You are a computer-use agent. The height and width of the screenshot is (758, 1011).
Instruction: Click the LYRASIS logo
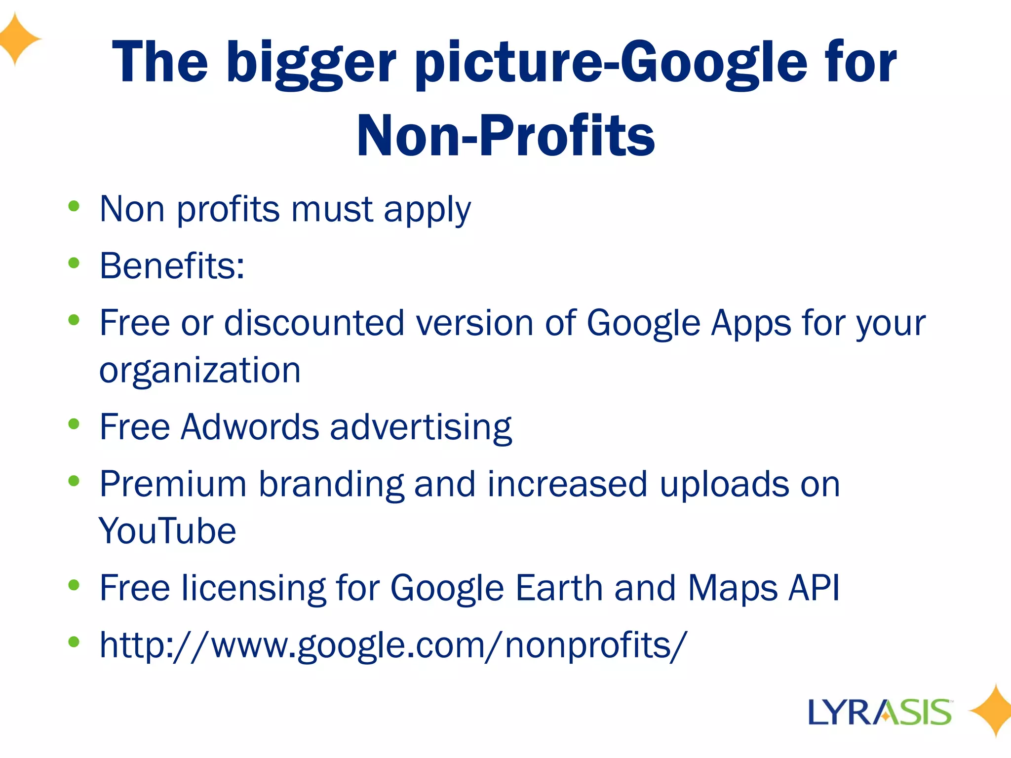(880, 712)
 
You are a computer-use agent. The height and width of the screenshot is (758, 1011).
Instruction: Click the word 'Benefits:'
(172, 266)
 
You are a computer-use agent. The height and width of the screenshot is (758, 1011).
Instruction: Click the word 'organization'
(200, 370)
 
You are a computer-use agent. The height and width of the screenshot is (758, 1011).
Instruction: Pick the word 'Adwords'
(250, 427)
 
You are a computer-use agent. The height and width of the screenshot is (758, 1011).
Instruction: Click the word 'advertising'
(421, 427)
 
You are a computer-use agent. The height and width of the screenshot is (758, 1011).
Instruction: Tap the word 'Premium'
(173, 484)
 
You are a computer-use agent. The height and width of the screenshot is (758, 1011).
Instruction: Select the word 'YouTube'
(168, 531)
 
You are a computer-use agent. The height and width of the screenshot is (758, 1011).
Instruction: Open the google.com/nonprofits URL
(392, 645)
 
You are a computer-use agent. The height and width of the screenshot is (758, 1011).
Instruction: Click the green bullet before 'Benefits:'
(74, 263)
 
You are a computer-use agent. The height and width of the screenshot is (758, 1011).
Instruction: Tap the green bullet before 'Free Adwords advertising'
(74, 424)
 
